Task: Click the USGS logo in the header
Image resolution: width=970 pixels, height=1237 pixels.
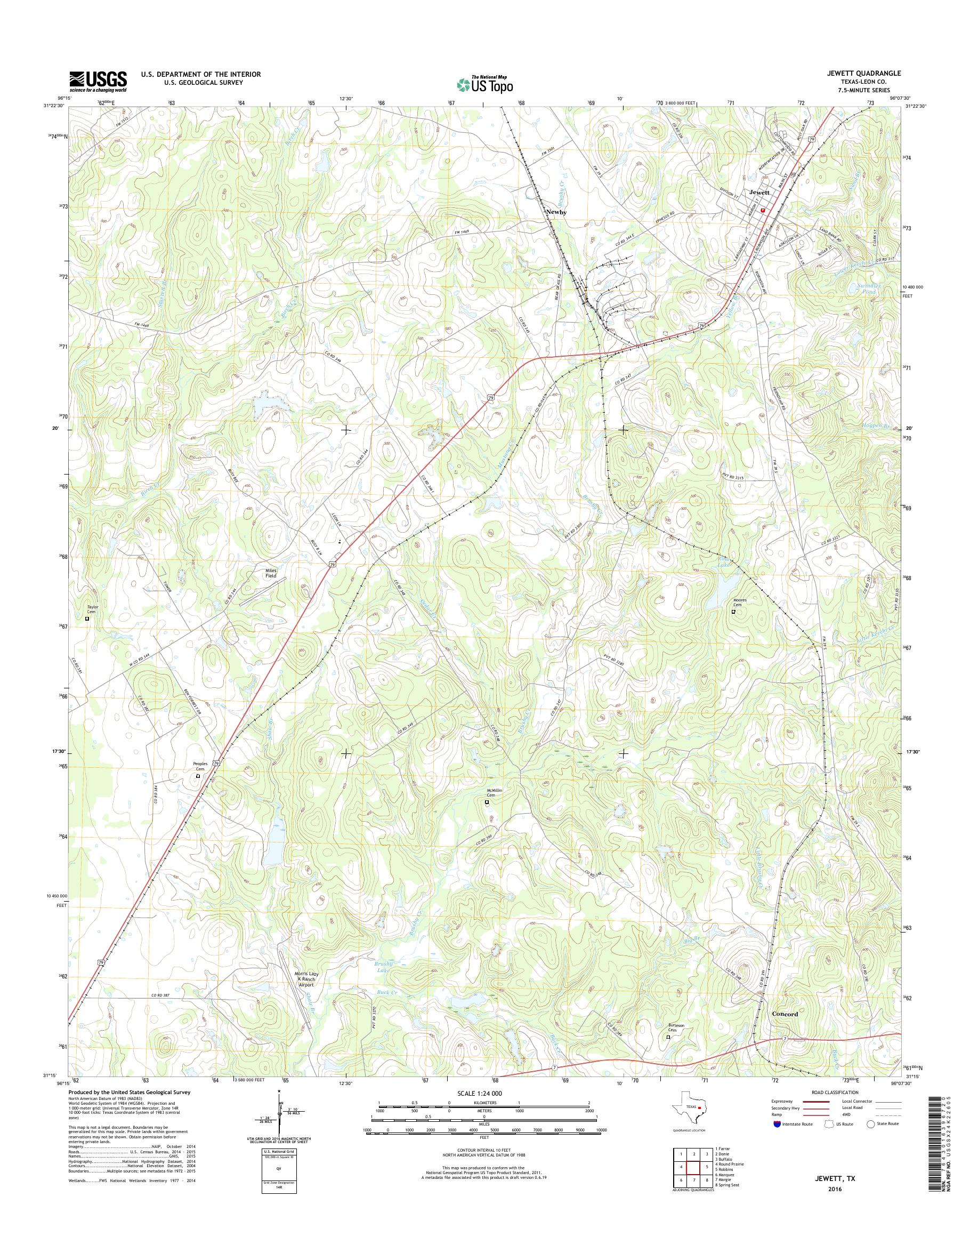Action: [x=98, y=81]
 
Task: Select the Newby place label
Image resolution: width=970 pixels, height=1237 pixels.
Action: [x=556, y=211]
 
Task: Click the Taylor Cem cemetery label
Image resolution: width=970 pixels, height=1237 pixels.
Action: [x=93, y=607]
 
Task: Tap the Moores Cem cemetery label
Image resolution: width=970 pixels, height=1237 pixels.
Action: [x=739, y=603]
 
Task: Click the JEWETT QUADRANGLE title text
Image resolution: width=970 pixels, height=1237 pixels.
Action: [x=865, y=74]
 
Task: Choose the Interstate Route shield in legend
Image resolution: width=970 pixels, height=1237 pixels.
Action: [x=777, y=1123]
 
